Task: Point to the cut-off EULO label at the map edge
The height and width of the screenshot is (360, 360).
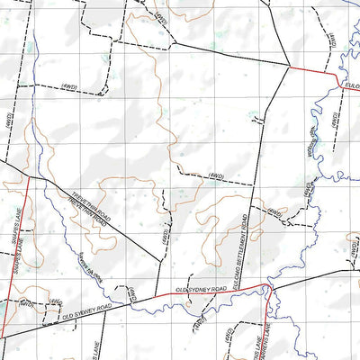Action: point(352,84)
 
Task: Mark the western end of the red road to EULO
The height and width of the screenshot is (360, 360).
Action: point(288,67)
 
